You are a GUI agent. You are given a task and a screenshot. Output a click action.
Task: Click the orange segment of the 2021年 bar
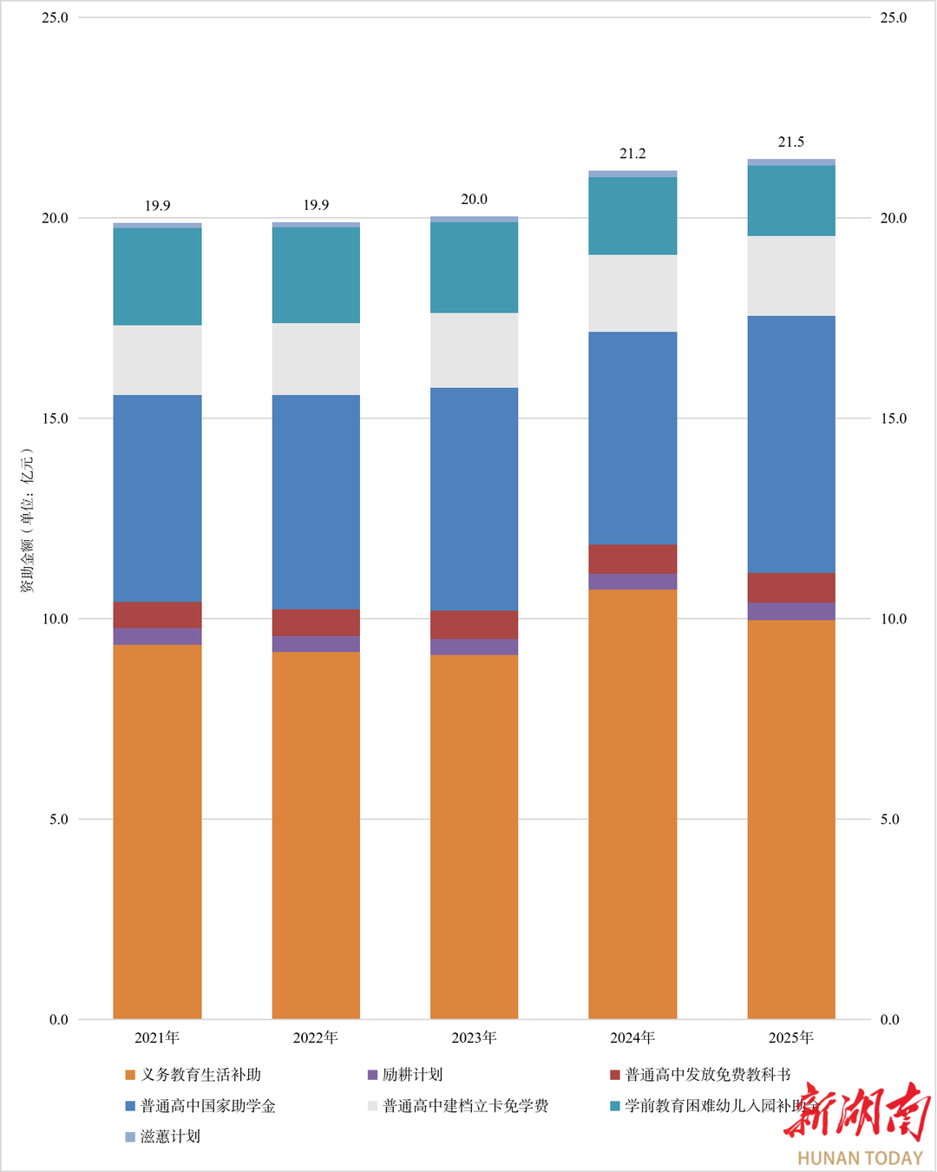157,832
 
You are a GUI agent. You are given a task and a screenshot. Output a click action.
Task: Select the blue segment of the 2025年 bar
791,444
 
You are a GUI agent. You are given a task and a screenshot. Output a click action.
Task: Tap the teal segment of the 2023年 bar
475,267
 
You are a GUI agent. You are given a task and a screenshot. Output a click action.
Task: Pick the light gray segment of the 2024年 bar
632,293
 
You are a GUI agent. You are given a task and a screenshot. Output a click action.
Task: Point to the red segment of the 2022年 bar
316,622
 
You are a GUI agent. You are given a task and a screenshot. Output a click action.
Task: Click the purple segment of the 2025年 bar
791,611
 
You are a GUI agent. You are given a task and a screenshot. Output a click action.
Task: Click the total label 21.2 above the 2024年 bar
632,154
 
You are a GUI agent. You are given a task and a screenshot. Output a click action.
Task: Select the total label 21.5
791,142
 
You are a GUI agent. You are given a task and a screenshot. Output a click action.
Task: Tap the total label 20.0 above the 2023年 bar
475,200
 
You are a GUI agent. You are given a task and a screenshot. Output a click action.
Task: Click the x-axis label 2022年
316,1037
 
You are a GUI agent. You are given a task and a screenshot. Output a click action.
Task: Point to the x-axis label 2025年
791,1037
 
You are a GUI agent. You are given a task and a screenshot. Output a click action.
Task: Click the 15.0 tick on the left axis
55,418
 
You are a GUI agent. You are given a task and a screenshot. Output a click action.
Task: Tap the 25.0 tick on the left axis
55,17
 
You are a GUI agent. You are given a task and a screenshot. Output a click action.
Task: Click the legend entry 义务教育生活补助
200,1075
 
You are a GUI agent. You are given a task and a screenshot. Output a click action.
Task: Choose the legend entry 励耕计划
412,1075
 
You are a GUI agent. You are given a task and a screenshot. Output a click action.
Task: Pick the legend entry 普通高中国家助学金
207,1106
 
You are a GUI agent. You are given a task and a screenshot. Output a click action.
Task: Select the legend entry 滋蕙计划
170,1136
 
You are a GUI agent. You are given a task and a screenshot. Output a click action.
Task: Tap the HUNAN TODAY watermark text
860,1158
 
